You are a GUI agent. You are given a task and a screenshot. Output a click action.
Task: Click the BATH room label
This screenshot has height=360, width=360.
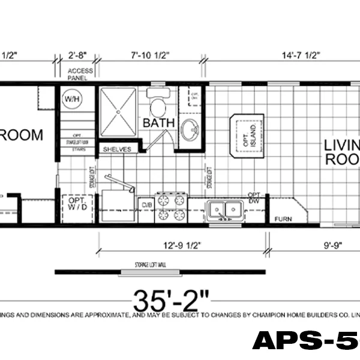tap(158, 123)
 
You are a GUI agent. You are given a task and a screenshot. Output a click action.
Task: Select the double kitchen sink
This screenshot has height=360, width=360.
tap(225, 209)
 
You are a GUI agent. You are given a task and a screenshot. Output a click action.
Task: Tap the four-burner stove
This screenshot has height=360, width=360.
tap(172, 208)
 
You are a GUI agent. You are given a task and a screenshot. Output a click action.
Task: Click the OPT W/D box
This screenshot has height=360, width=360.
tap(76, 205)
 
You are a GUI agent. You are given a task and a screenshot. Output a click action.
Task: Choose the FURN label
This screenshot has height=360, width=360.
tap(283, 219)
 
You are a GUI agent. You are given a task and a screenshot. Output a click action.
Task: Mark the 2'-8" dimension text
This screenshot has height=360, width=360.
tap(77, 56)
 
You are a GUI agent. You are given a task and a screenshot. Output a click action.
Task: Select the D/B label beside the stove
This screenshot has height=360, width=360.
tap(146, 205)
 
